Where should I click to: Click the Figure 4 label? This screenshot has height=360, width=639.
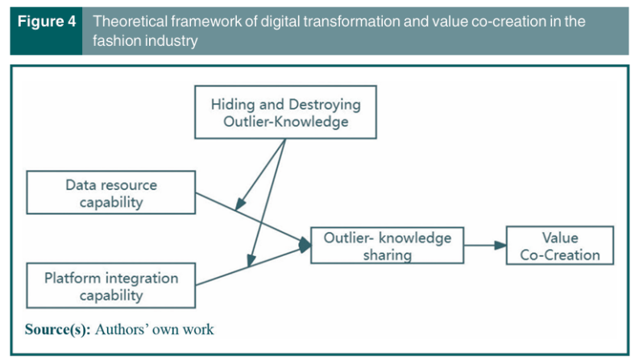(45, 22)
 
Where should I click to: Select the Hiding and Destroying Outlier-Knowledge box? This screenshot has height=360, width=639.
(285, 113)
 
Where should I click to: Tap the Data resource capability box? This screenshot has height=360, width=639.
(111, 193)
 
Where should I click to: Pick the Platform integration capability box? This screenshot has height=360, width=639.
(111, 286)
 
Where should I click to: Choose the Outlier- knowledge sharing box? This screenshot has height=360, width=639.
(388, 246)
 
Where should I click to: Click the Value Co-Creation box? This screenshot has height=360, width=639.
(559, 246)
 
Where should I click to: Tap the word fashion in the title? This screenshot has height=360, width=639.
(117, 40)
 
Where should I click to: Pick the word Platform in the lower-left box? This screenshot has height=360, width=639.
(68, 278)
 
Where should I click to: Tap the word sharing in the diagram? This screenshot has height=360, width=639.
(388, 255)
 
